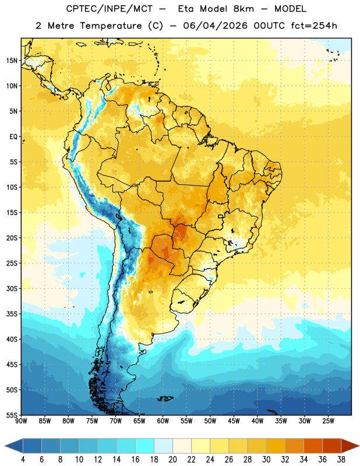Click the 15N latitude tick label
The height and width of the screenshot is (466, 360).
(x=12, y=61)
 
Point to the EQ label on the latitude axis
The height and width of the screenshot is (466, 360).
(x=13, y=137)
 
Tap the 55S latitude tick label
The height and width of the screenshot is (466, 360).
(x=12, y=415)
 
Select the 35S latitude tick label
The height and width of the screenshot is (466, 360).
(x=12, y=314)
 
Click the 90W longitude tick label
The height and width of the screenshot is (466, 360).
(x=21, y=421)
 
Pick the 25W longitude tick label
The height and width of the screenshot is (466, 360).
(x=328, y=421)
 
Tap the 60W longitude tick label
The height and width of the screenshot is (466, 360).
(x=163, y=421)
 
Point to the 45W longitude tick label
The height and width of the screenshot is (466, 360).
(x=234, y=421)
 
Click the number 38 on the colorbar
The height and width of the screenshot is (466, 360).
(x=341, y=460)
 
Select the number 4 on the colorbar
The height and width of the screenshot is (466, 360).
(x=23, y=460)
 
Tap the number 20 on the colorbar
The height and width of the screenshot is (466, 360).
(x=172, y=460)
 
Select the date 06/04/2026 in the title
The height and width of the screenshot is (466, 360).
(x=215, y=26)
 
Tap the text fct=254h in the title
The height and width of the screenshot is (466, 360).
(x=314, y=26)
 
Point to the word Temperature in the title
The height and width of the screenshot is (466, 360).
(x=111, y=26)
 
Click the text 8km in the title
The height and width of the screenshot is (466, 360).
(x=243, y=9)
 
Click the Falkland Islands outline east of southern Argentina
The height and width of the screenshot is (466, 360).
(x=165, y=398)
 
